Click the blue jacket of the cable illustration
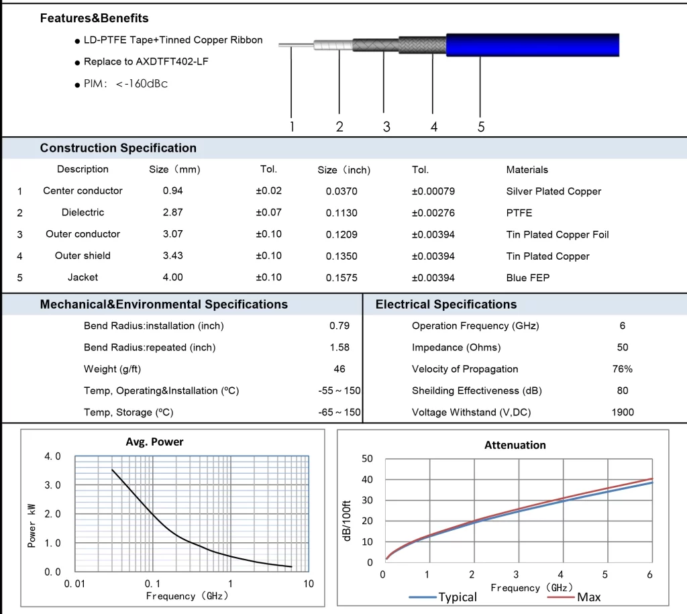tap(532, 45)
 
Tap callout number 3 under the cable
tap(386, 127)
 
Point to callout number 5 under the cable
tap(481, 127)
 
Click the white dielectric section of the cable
tap(333, 45)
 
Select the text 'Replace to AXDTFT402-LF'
tap(146, 62)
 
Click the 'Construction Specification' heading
tap(118, 148)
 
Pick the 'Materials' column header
tap(527, 170)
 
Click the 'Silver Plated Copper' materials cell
tap(553, 191)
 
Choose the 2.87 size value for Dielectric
tap(172, 213)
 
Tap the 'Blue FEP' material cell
tap(528, 278)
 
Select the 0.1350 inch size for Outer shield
tap(341, 256)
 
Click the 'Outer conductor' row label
tap(83, 234)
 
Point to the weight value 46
tap(339, 369)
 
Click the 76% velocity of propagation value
tap(623, 369)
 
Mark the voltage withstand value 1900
tap(623, 413)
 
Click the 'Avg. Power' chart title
tap(155, 442)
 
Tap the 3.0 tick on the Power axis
tap(52, 485)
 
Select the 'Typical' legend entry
tap(443, 597)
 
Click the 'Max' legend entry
tap(574, 597)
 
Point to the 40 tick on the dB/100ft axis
tap(367, 479)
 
